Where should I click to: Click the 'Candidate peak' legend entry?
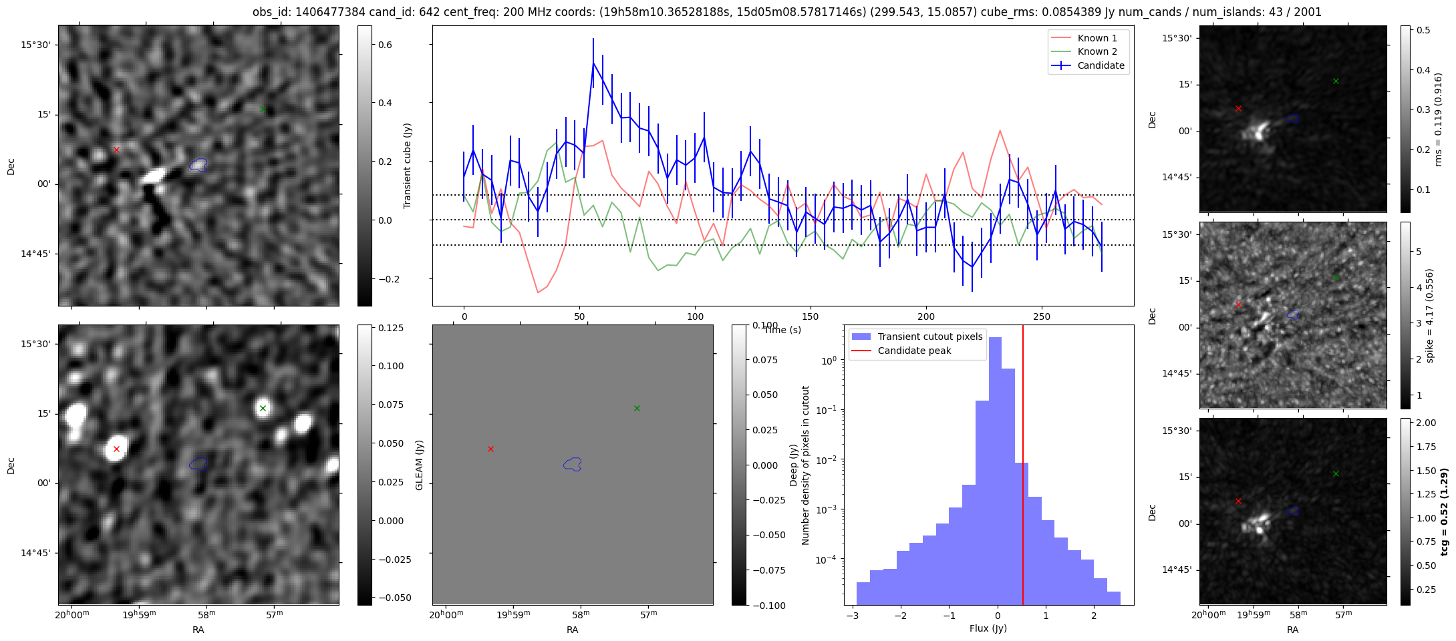point(914,351)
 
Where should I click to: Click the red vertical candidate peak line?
point(1023,467)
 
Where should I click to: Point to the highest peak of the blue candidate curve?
point(593,63)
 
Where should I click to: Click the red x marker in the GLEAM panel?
point(490,449)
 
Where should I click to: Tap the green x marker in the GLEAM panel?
point(637,408)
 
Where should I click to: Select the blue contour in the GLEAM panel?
point(573,464)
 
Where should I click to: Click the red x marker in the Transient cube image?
point(116,150)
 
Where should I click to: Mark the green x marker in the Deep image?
point(263,408)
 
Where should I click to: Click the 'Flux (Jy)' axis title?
point(988,628)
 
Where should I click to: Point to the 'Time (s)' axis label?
point(782,330)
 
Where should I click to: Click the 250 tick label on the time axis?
point(1041,316)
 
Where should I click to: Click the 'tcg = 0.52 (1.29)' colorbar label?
point(1444,511)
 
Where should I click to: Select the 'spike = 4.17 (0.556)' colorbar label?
point(1429,315)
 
